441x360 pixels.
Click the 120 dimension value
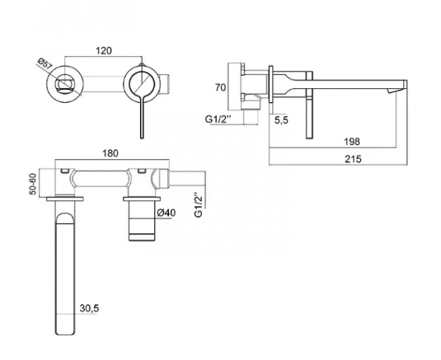[104, 51]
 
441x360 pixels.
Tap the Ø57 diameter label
[45, 63]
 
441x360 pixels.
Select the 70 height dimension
[221, 87]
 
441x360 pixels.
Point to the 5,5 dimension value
[281, 120]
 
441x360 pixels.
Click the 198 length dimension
[352, 142]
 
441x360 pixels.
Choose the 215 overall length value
[353, 159]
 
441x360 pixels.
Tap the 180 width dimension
[110, 153]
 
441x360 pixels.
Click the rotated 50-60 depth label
[33, 184]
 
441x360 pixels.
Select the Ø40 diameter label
[167, 213]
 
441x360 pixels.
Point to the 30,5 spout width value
[90, 308]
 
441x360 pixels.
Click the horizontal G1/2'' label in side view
[218, 119]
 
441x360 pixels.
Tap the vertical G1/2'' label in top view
[199, 204]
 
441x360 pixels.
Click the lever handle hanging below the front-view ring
[143, 117]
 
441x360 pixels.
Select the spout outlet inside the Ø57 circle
[65, 83]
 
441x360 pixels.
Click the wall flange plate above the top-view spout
[65, 199]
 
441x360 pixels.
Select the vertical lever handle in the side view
[309, 105]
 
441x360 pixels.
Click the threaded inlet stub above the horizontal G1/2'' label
[251, 117]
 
